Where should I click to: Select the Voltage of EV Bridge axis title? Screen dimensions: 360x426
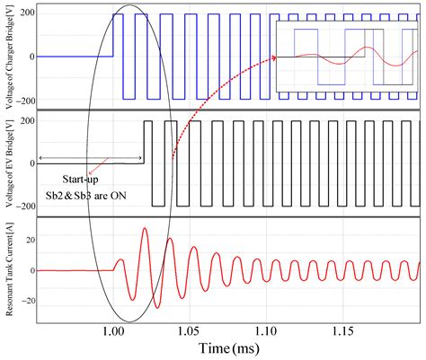8,162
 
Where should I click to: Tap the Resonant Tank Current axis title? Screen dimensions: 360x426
8,270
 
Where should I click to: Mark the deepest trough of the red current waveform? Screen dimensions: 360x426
156,308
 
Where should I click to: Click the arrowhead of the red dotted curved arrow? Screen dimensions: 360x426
274,58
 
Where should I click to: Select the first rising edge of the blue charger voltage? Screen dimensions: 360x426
113,36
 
